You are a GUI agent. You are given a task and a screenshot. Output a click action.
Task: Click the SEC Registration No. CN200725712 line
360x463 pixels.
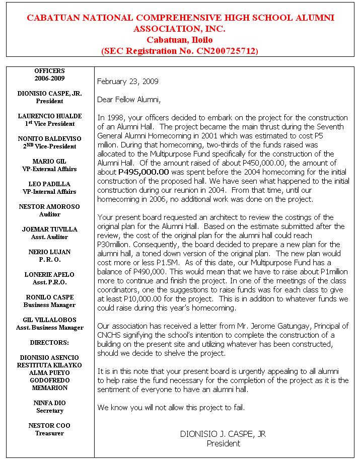pyautogui.click(x=180, y=51)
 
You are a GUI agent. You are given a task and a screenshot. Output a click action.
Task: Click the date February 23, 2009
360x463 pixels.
pyautogui.click(x=127, y=81)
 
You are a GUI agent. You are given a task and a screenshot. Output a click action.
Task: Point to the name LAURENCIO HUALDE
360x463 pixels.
pyautogui.click(x=50, y=116)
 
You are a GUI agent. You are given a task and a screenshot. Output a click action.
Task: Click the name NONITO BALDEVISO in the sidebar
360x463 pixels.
pyautogui.click(x=50, y=139)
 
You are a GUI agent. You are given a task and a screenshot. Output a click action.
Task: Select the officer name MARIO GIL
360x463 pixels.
pyautogui.click(x=50, y=162)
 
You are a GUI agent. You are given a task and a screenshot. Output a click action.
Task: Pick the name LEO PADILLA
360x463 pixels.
pyautogui.click(x=50, y=184)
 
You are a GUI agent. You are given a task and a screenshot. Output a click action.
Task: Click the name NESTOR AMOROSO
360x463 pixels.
pyautogui.click(x=50, y=207)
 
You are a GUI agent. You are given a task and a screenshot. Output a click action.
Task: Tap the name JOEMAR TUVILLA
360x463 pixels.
pyautogui.click(x=50, y=229)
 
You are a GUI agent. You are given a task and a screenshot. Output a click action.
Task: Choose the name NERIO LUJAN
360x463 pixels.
pyautogui.click(x=50, y=252)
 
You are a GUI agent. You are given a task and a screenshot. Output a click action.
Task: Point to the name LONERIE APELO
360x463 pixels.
pyautogui.click(x=50, y=275)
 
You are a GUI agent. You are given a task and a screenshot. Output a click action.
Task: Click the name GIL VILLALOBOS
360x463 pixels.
pyautogui.click(x=50, y=320)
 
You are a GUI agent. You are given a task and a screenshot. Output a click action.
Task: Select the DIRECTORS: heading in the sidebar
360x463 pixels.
pyautogui.click(x=50, y=343)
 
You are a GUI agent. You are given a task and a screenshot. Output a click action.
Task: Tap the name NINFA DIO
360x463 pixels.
pyautogui.click(x=50, y=403)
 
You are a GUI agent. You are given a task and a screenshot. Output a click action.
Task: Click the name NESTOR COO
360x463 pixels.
pyautogui.click(x=50, y=426)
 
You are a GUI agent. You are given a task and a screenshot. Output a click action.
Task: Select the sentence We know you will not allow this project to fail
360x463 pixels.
pyautogui.click(x=171, y=407)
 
